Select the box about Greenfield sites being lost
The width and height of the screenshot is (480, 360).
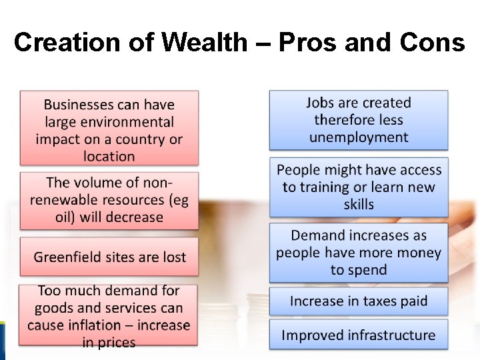point(109,257)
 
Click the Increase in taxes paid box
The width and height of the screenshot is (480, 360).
point(359,301)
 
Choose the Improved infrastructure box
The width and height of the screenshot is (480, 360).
point(359,335)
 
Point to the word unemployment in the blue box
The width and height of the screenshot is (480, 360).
point(359,137)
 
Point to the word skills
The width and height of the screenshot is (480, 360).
point(359,205)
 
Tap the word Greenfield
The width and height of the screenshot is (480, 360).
point(68,257)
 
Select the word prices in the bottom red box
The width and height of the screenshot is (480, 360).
point(118,343)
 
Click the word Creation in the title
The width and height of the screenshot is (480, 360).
point(64,43)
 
